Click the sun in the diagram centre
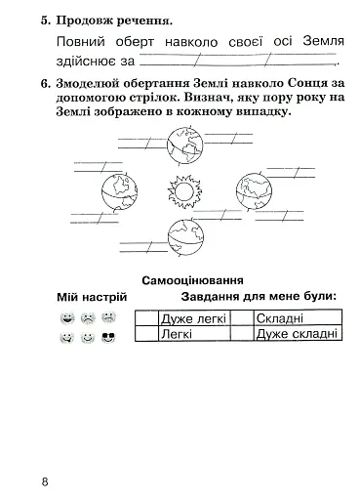click(182, 188)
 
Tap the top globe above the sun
click(181, 146)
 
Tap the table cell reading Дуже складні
click(297, 334)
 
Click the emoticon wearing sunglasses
click(109, 338)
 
